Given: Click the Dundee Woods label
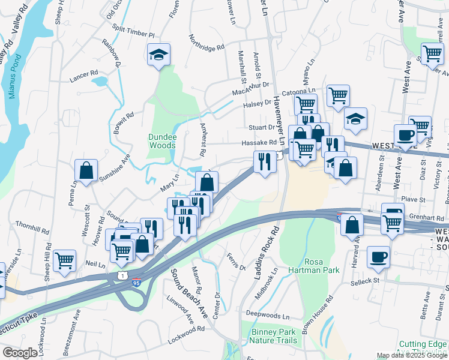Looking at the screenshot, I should (x=162, y=141).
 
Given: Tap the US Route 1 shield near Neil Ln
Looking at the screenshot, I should (x=122, y=274).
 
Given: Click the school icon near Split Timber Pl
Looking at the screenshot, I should (x=159, y=55).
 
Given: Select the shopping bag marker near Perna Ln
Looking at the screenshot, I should (x=86, y=170).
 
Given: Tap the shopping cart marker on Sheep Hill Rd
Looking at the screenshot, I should (x=64, y=260).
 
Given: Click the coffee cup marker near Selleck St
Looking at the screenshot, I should (x=378, y=256).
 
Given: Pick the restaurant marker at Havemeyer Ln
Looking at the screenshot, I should (x=265, y=161).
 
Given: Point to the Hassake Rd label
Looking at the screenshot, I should (x=259, y=143).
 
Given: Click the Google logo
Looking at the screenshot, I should (x=20, y=353).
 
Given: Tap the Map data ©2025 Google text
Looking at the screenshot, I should (x=412, y=355).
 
